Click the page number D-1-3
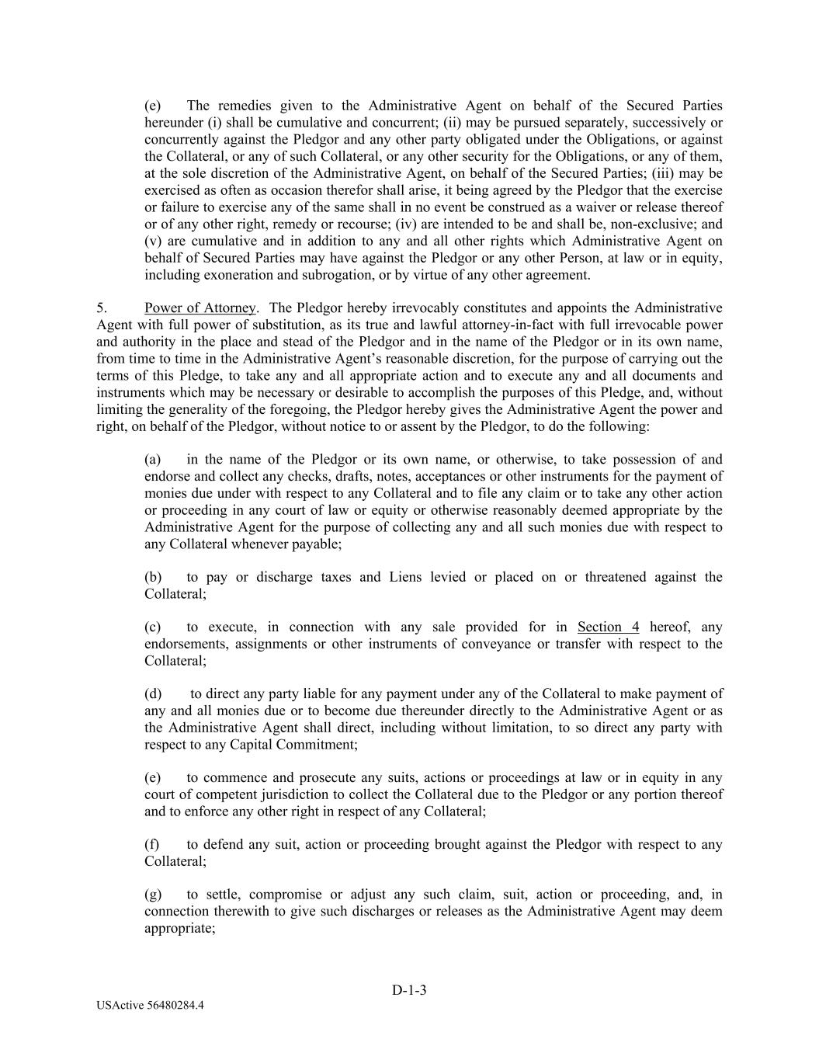pos(409,990)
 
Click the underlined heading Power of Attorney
pos(200,308)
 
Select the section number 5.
pos(102,308)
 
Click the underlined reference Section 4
pos(608,627)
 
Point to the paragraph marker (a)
pos(153,460)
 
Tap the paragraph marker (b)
pos(153,577)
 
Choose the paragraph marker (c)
pos(153,627)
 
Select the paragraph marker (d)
pos(153,694)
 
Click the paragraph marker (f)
pos(152,845)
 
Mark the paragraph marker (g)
pos(153,895)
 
